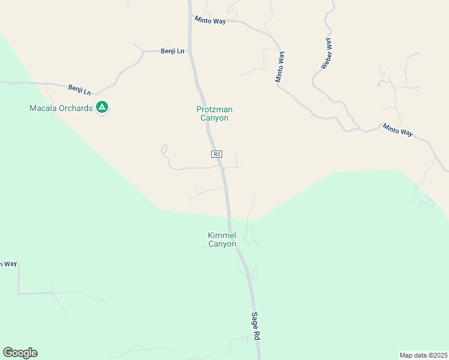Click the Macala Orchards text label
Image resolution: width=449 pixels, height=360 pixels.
[x=62, y=108]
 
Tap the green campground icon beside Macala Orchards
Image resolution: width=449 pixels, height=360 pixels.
[x=102, y=107]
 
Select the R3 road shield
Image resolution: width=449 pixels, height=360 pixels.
[x=217, y=154]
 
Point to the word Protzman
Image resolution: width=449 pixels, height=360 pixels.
[x=214, y=109]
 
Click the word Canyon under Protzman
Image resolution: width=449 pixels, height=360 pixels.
[x=214, y=118]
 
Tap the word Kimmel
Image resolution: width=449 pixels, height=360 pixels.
[x=221, y=235]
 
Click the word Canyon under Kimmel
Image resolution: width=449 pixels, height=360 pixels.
[x=221, y=244]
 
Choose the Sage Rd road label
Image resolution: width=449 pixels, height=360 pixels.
[x=256, y=327]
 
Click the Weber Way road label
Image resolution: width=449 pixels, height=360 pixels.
[x=327, y=53]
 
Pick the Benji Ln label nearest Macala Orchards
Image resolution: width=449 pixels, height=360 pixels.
[x=79, y=89]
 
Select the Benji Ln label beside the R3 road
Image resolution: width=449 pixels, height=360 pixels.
[x=172, y=52]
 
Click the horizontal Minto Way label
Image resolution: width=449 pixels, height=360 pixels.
[x=210, y=20]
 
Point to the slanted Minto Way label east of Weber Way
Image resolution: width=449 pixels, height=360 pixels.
[x=398, y=130]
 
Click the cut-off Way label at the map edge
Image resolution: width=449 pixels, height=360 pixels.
[x=8, y=264]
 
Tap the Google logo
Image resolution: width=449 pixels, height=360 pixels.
[x=20, y=353]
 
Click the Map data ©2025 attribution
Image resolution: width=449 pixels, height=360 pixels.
[x=423, y=355]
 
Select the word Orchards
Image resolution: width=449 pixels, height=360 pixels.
[x=78, y=108]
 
